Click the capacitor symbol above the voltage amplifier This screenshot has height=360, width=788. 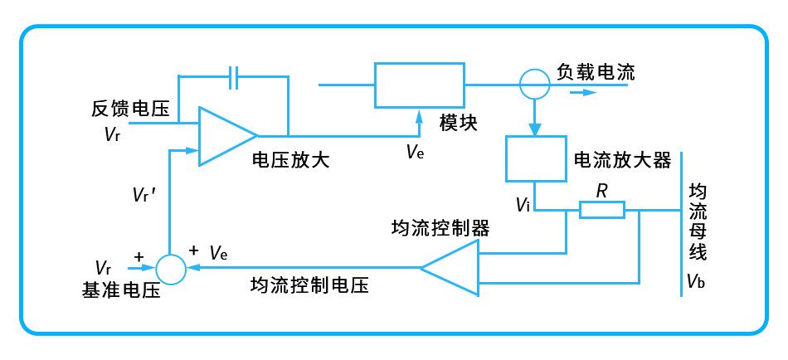coord(233,77)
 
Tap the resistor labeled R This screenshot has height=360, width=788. coord(602,210)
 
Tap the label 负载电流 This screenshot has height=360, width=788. coord(596,72)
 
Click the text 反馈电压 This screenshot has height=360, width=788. coord(131,108)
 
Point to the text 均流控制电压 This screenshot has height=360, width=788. coord(309,285)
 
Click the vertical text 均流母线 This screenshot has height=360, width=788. coord(698,221)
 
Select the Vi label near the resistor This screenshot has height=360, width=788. coord(523,204)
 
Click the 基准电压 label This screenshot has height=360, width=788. coord(120,290)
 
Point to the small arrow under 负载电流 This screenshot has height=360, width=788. coord(584,93)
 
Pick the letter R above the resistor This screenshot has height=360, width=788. coord(601,191)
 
